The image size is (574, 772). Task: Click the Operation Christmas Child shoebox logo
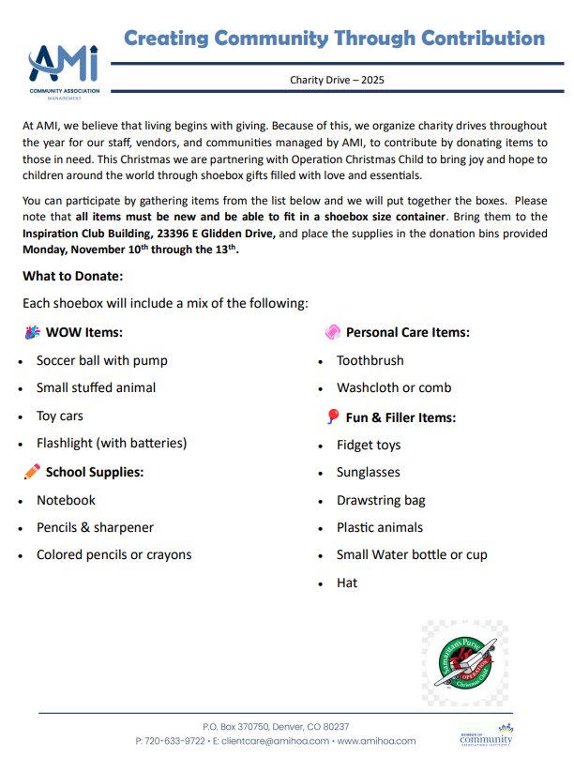(464, 667)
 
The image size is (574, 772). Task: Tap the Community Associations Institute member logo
(486, 736)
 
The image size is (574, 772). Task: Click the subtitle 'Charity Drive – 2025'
(337, 80)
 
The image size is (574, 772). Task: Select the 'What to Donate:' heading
(73, 277)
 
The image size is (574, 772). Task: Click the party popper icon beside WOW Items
(32, 332)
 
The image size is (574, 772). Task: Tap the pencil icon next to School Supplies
(32, 472)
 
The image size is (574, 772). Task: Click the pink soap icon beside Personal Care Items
(332, 332)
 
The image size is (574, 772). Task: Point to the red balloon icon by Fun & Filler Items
(332, 417)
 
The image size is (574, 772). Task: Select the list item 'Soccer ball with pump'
(102, 360)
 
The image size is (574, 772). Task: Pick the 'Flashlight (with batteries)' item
(112, 443)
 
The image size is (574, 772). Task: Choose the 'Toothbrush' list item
(370, 360)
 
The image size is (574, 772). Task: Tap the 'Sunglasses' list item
(369, 473)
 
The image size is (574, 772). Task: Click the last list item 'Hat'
(347, 583)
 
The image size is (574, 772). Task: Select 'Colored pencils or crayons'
(113, 554)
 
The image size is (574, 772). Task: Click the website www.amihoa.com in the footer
(375, 741)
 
